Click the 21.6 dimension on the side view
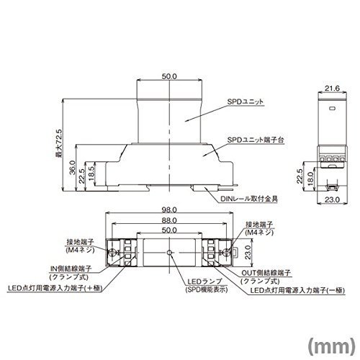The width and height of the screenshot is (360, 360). click(x=332, y=89)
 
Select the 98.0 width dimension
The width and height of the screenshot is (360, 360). click(x=169, y=210)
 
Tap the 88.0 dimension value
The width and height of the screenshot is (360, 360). click(x=169, y=220)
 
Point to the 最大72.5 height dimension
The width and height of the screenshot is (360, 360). click(x=58, y=143)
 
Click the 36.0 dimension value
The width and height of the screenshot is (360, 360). click(x=73, y=168)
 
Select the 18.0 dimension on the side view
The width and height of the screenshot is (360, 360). click(x=310, y=179)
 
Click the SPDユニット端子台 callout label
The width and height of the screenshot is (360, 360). click(x=256, y=140)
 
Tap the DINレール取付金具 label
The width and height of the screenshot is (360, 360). click(x=249, y=199)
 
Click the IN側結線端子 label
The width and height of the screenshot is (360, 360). click(x=71, y=269)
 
